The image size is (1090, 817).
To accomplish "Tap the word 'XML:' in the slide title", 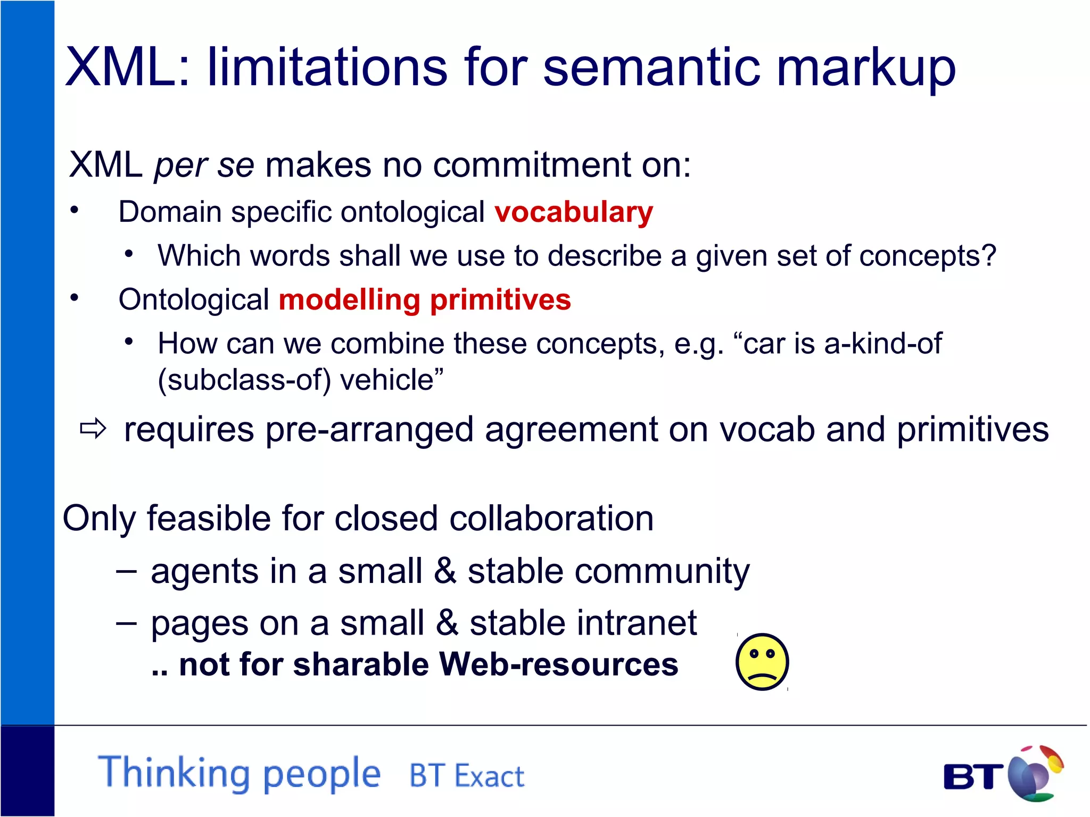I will click(127, 68).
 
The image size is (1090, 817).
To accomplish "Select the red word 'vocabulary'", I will click(573, 212).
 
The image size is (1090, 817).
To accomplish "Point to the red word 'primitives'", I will click(500, 299).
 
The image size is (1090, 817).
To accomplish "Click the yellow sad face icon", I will click(762, 662).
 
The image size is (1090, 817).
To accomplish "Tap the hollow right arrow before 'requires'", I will click(93, 429).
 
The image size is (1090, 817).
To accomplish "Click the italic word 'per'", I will click(180, 166).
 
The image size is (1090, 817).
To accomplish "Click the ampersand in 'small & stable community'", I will click(445, 571).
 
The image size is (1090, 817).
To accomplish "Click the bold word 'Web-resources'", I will click(558, 664).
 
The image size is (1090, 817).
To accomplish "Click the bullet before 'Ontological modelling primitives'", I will click(75, 298).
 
